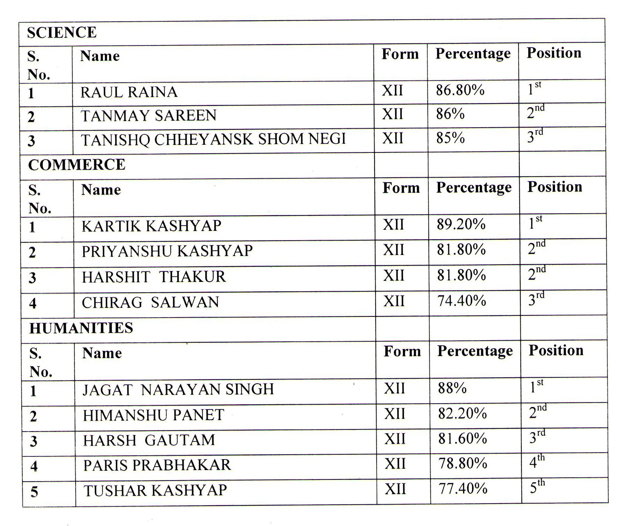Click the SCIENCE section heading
click(x=62, y=33)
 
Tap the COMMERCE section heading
click(x=77, y=165)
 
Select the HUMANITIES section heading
click(x=81, y=328)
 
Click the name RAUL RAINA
click(x=129, y=92)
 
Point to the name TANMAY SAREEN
click(x=149, y=116)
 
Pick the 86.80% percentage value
click(x=460, y=91)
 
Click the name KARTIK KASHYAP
click(x=151, y=226)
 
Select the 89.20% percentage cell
click(x=461, y=225)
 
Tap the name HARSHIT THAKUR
click(x=154, y=277)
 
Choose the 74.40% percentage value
click(x=462, y=301)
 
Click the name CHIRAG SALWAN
click(x=150, y=303)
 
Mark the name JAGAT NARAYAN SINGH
click(x=178, y=390)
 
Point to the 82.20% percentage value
click(x=462, y=414)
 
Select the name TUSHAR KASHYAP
click(x=155, y=490)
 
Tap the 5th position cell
click(x=537, y=487)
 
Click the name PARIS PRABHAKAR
click(x=157, y=465)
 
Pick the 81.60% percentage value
click(x=463, y=439)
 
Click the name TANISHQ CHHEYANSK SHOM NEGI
click(x=213, y=140)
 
